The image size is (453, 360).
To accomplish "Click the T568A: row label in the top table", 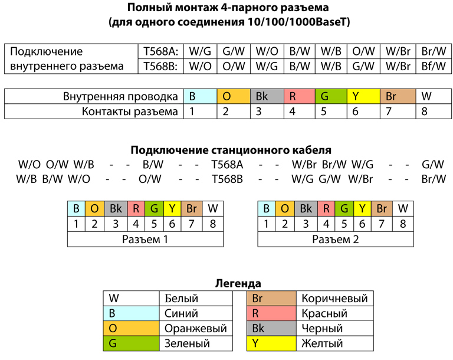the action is [160, 51].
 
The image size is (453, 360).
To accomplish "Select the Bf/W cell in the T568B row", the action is [434, 66].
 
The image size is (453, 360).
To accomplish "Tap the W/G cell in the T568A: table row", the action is [200, 51].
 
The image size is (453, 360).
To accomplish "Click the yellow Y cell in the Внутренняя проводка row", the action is [363, 96].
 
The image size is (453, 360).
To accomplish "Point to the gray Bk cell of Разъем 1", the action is [116, 208].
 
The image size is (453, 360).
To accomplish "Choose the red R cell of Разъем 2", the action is [326, 208].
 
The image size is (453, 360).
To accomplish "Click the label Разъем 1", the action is [145, 240].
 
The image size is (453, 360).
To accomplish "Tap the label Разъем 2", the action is [336, 240].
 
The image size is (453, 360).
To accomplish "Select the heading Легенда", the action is [238, 283].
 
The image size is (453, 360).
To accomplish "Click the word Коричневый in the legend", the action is [334, 299].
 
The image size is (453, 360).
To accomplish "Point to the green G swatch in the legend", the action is [131, 343].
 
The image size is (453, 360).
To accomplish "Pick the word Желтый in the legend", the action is [322, 343].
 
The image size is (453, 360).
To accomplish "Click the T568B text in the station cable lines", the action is [227, 179].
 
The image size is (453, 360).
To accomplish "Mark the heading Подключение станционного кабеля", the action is [231, 150].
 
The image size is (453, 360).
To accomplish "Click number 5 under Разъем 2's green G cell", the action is [344, 224].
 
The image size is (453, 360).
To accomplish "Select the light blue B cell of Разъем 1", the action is [76, 208].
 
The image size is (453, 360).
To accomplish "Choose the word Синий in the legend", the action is [181, 313].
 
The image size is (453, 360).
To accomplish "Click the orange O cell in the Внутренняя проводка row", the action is [234, 96].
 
